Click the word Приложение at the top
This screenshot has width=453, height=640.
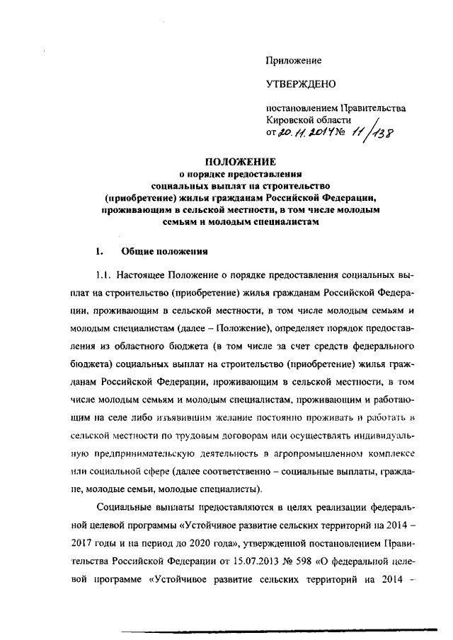(294, 61)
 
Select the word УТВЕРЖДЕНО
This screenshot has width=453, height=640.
(301, 85)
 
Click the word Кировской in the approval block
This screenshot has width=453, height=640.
(291, 120)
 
